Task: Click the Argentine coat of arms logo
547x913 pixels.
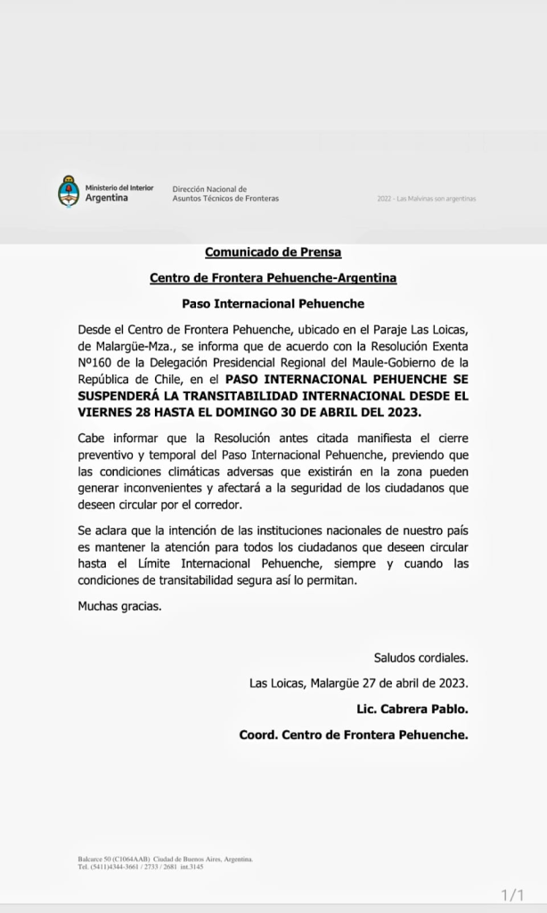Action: pyautogui.click(x=69, y=192)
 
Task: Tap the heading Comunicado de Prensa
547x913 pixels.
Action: pyautogui.click(x=273, y=252)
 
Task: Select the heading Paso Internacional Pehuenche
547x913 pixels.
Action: pyautogui.click(x=273, y=304)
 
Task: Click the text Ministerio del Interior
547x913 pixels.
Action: pyautogui.click(x=118, y=187)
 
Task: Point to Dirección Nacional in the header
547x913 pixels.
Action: pyautogui.click(x=202, y=189)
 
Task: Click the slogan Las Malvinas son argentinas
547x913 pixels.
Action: pyautogui.click(x=426, y=198)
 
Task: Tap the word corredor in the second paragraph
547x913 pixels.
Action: pyautogui.click(x=245, y=505)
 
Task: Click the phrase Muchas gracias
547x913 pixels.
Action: pyautogui.click(x=119, y=606)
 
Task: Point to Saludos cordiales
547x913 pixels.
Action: pyautogui.click(x=420, y=658)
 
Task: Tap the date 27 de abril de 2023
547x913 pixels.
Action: pyautogui.click(x=406, y=684)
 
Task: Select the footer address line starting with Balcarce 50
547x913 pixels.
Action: pyautogui.click(x=166, y=859)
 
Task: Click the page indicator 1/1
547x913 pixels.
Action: pyautogui.click(x=514, y=893)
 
